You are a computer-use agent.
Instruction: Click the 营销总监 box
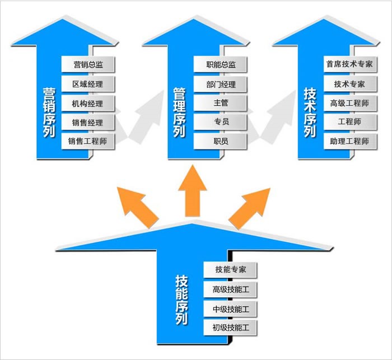[88, 64]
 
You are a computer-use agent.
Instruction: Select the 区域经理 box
[88, 84]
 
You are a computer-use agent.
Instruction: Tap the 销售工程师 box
[88, 141]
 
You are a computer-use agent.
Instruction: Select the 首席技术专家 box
[349, 64]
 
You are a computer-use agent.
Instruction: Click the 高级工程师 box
[349, 103]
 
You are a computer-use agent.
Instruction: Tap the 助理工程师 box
[349, 141]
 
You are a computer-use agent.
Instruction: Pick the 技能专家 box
[230, 269]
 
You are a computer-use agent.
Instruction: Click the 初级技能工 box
[230, 327]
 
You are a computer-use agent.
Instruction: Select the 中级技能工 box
[230, 308]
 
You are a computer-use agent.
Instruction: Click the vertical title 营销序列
[49, 112]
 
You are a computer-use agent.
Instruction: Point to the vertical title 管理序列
[179, 112]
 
